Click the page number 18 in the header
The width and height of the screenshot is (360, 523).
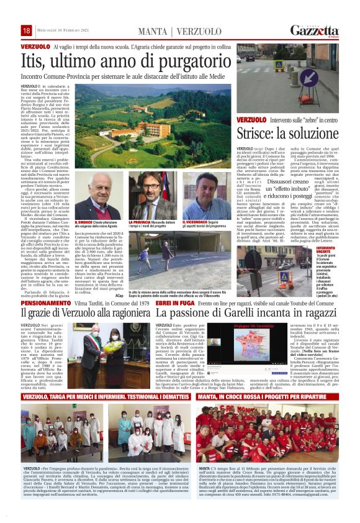click(x=27, y=30)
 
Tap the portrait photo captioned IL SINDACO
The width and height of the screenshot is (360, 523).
click(x=91, y=199)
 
